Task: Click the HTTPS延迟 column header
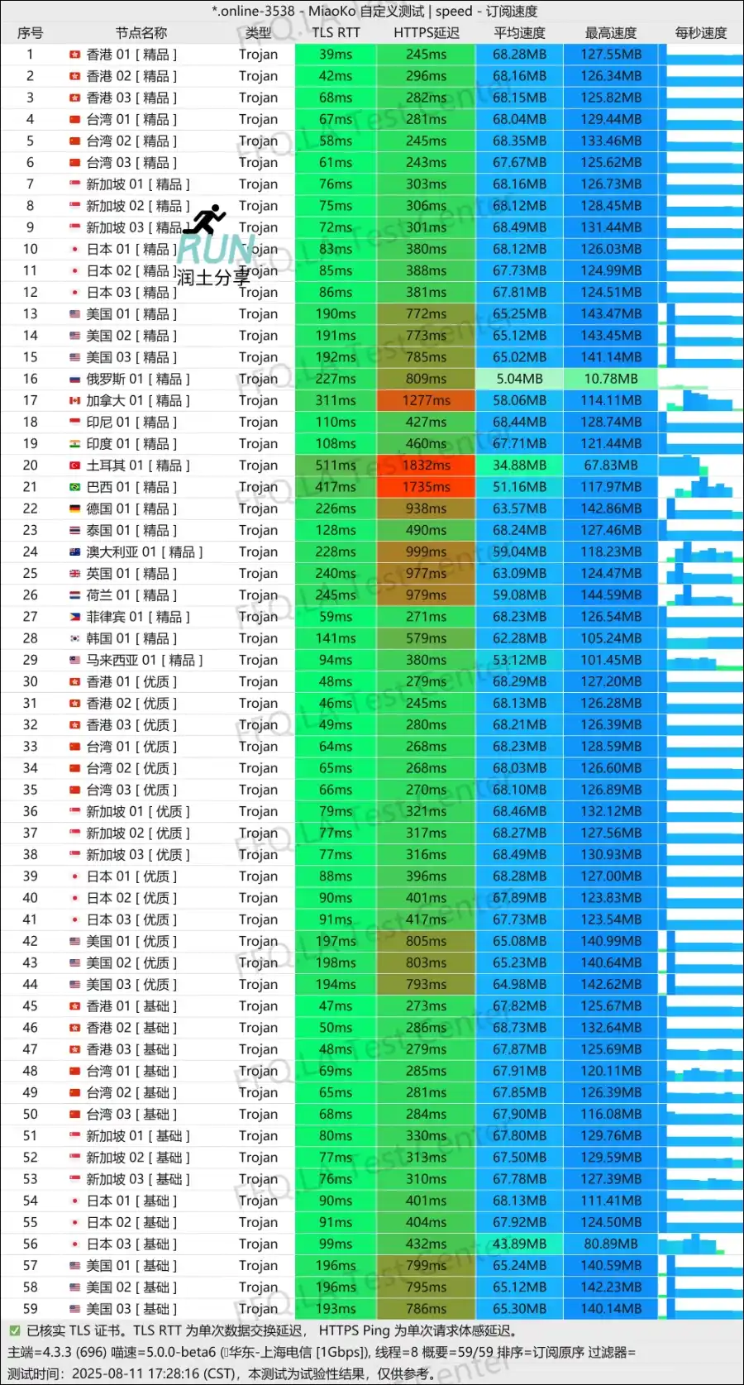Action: [x=426, y=33]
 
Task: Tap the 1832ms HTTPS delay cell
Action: [x=426, y=466]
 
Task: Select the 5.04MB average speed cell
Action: [x=519, y=379]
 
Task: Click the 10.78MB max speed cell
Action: [x=611, y=379]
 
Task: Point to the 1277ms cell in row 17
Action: [x=426, y=400]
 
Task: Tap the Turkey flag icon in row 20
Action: [x=74, y=466]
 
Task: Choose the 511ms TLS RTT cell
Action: [x=336, y=466]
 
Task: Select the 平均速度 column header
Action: [x=519, y=33]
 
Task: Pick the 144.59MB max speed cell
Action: [x=611, y=595]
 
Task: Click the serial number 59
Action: [x=31, y=1308]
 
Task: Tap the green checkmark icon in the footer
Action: [x=14, y=1330]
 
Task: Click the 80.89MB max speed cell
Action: [x=611, y=1244]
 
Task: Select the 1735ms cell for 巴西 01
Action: [x=426, y=487]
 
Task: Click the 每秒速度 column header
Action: [x=700, y=33]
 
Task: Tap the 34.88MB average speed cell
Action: [x=519, y=466]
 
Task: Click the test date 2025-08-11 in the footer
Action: [x=109, y=1373]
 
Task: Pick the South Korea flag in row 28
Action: [x=74, y=638]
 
